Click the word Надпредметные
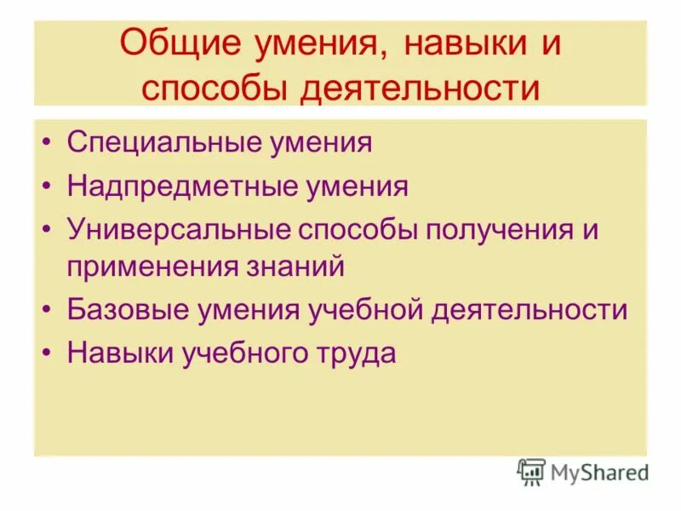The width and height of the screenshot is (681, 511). coord(180,186)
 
